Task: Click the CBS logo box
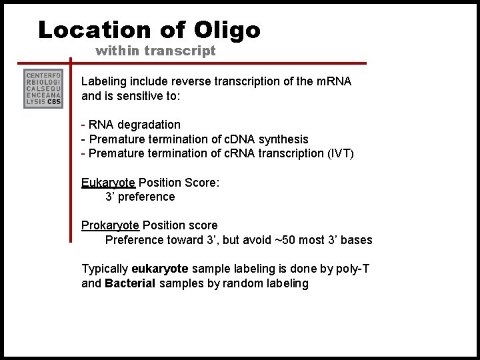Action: pyautogui.click(x=43, y=88)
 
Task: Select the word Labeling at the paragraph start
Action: pyautogui.click(x=103, y=81)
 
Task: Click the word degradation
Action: pyautogui.click(x=149, y=125)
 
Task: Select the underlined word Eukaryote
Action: pyautogui.click(x=108, y=183)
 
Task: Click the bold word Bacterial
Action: pyautogui.click(x=129, y=283)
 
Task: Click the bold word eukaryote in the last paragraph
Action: pyautogui.click(x=160, y=269)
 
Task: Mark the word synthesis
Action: pyautogui.click(x=285, y=139)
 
